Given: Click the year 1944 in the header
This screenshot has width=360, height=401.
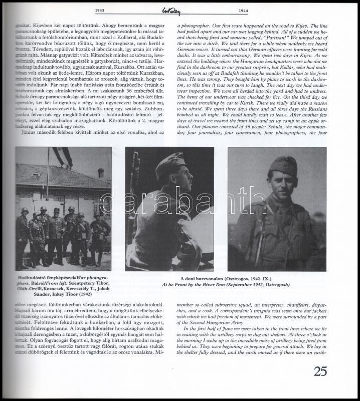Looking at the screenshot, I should [x=260, y=11].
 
